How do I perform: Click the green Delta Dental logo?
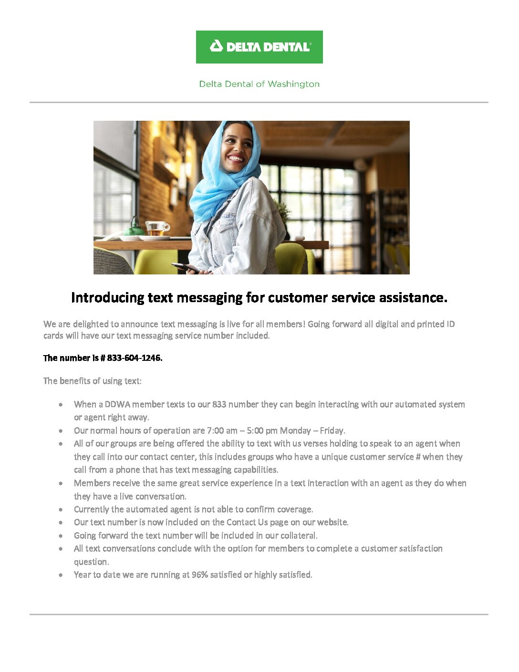point(259,47)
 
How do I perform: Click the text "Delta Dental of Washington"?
point(259,84)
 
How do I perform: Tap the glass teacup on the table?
point(157,228)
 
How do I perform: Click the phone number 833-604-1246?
point(135,358)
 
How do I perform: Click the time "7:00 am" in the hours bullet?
point(222,430)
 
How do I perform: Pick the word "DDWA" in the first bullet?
point(117,404)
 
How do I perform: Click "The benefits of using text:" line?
point(93,381)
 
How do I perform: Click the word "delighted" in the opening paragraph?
point(91,324)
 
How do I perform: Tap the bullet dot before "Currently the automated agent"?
point(61,510)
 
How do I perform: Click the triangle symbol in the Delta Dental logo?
point(217,46)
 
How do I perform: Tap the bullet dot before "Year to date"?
point(61,575)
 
